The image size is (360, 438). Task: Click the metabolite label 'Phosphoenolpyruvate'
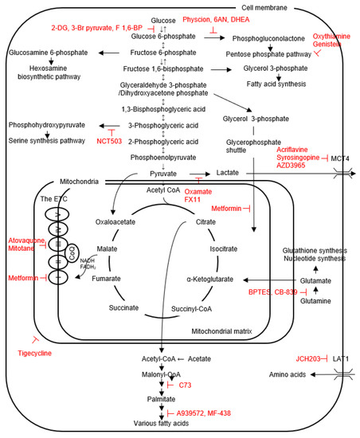coord(162,157)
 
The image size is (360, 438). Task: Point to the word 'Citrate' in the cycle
coord(205,221)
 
